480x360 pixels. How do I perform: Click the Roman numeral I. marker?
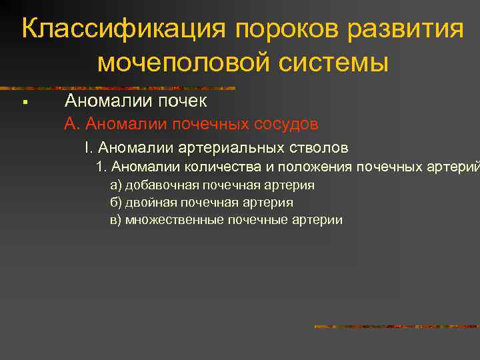coord(88,147)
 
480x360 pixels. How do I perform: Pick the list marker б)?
coord(115,203)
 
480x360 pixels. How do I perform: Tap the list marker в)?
coord(115,220)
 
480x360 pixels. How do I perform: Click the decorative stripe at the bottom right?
coord(396,327)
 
